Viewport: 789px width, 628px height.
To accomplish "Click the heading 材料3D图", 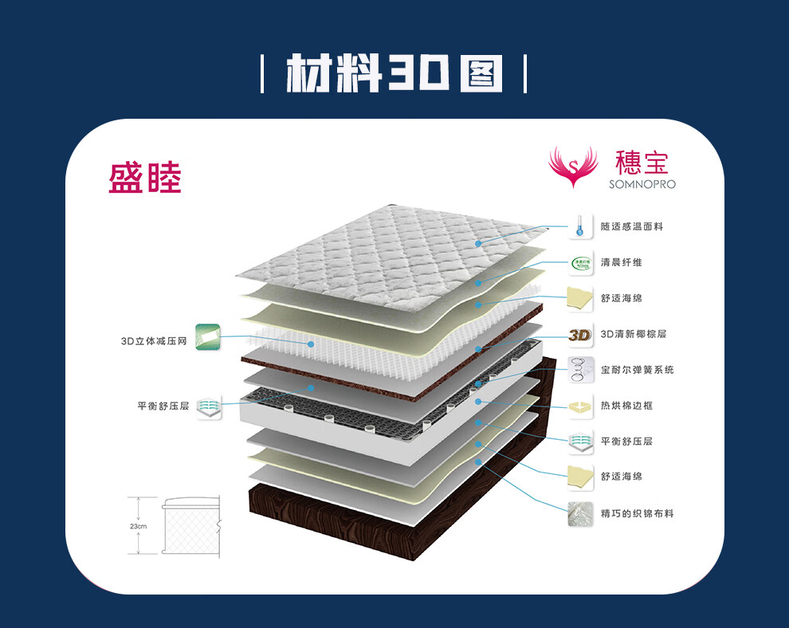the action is pos(394,73).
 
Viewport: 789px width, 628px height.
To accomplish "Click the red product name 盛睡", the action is pos(145,179).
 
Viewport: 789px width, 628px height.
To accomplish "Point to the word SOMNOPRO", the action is pos(642,184).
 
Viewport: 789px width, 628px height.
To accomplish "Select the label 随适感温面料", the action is pos(632,227).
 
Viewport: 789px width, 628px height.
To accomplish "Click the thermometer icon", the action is pos(580,226).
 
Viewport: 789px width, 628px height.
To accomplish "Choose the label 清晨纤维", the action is pos(622,262).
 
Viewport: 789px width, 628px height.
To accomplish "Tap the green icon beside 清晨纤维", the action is pos(580,262).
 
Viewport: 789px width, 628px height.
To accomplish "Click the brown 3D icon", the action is pos(580,335).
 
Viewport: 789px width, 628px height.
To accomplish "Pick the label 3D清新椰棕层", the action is pos(634,334).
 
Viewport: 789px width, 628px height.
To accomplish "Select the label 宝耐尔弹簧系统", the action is pos(638,370).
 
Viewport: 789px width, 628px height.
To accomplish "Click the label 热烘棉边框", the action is pos(627,406).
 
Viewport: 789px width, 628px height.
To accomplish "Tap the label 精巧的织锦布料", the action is pos(638,513).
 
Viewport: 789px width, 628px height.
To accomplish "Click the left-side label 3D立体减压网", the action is pos(154,341).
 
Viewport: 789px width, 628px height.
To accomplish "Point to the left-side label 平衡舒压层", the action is pos(163,406).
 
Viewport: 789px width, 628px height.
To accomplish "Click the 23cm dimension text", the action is pos(139,526).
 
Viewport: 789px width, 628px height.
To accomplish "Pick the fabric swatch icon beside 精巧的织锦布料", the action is pos(580,513).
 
